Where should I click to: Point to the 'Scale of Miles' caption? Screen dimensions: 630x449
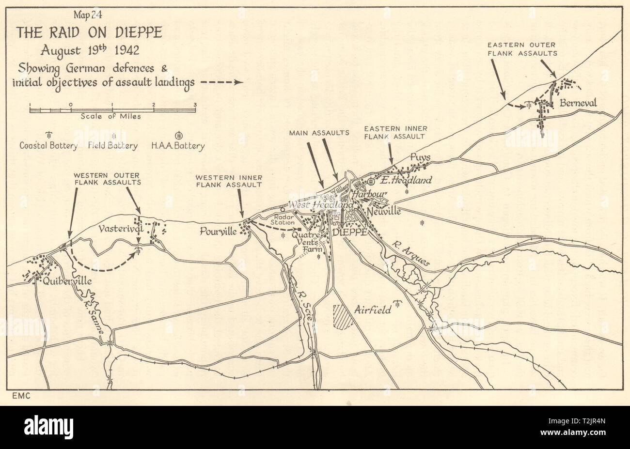coord(111,116)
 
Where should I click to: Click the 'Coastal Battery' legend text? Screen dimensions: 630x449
coord(48,145)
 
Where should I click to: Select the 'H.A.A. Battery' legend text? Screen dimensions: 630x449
coord(178,145)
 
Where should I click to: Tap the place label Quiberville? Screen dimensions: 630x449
coord(61,281)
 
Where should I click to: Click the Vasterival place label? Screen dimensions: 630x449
coord(120,228)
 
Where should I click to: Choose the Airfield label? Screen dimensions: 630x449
coord(373,310)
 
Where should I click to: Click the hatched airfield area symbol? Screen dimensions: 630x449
coord(343,317)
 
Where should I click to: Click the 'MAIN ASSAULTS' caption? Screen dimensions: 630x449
coord(319,132)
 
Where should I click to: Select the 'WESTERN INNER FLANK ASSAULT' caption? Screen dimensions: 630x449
coord(229,181)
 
